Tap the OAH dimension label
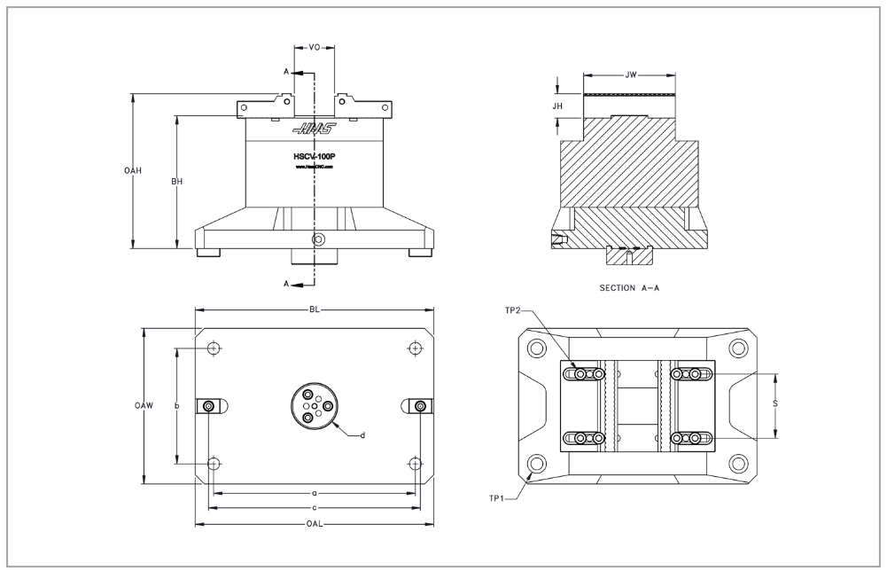134,171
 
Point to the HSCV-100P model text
313,156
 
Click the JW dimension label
631,74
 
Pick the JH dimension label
557,106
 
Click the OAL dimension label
314,524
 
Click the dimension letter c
314,508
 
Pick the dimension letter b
177,405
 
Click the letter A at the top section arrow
286,70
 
